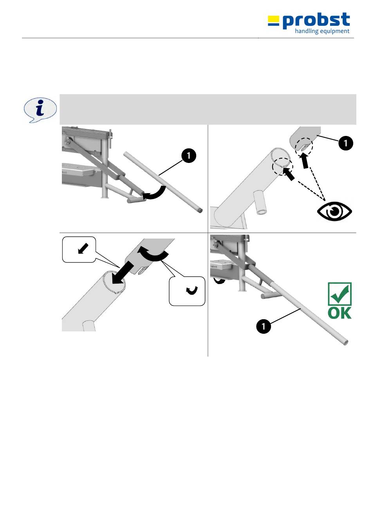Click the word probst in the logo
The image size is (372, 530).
(316, 21)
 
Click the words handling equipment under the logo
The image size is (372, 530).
(322, 31)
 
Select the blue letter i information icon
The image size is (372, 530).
(40, 110)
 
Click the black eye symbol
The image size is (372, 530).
(334, 211)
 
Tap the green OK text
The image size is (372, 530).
(339, 313)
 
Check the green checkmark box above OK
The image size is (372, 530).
(339, 294)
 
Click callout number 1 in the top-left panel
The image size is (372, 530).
(188, 156)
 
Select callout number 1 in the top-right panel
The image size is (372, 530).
(345, 143)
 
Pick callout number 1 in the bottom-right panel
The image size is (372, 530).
(264, 326)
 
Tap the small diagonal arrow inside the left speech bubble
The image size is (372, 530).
(83, 248)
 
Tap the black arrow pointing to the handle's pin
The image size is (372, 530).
(304, 161)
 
